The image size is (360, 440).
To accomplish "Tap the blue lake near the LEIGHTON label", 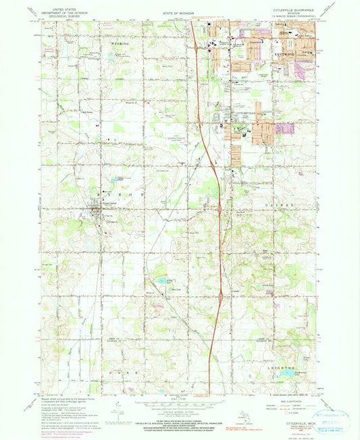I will (x=287, y=373).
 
